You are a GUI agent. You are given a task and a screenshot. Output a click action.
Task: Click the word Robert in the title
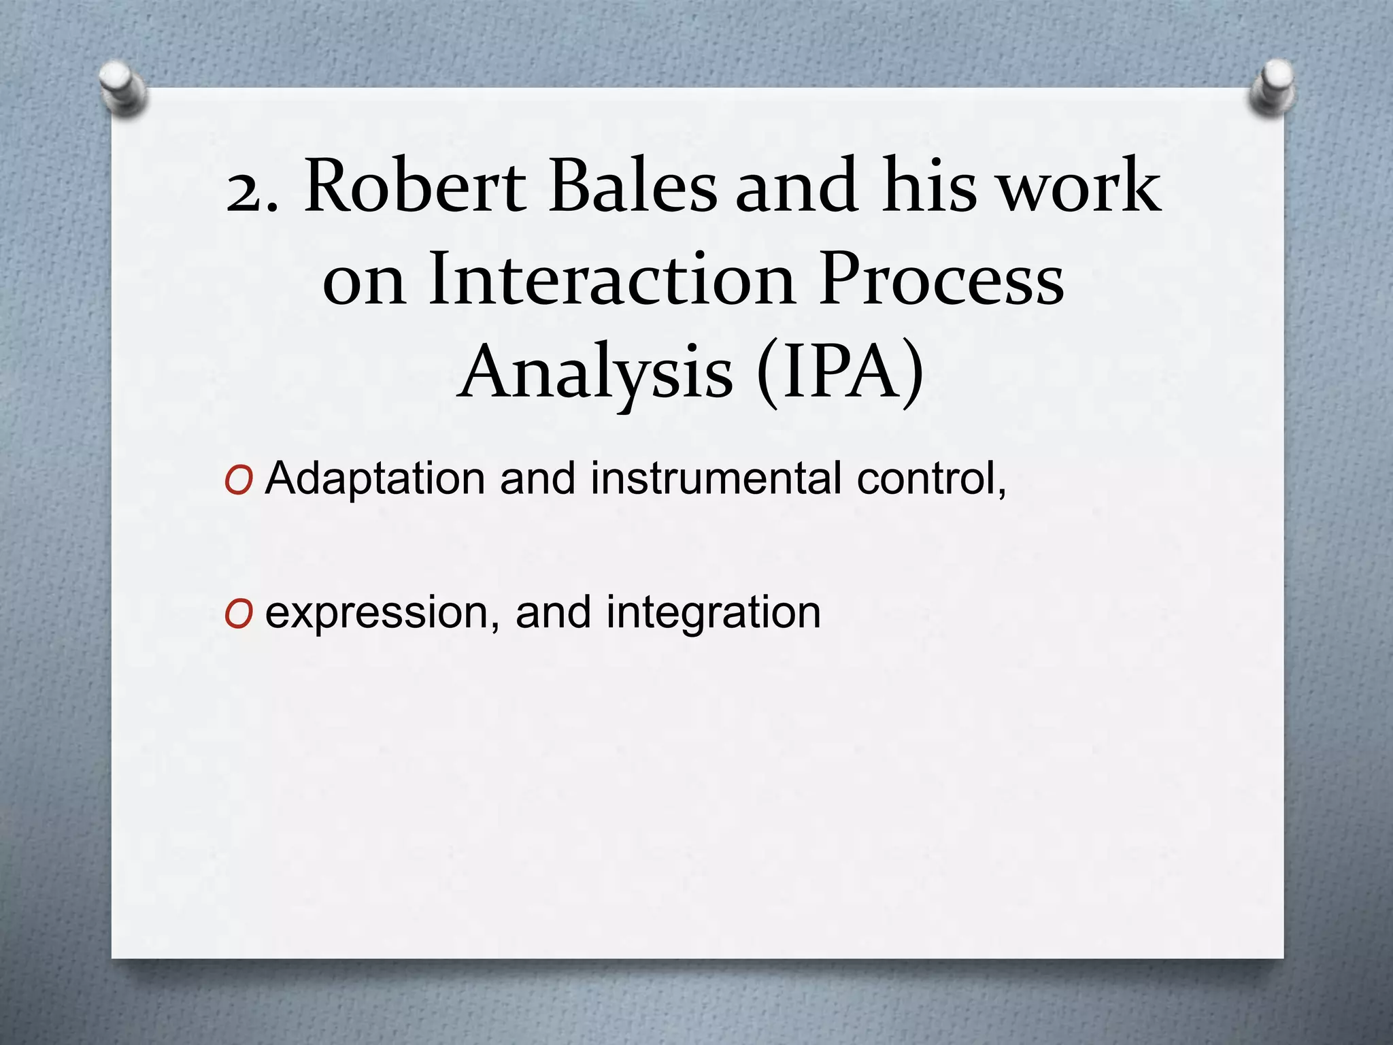[416, 186]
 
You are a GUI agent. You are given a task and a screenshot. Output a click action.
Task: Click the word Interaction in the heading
[611, 279]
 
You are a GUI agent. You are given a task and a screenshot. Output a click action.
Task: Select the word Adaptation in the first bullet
[375, 478]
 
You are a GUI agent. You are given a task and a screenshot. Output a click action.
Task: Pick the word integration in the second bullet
[714, 613]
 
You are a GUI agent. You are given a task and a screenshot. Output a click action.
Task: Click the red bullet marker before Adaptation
[239, 481]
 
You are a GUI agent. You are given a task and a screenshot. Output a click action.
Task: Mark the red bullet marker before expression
[239, 615]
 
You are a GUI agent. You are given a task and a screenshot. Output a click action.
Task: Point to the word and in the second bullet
[552, 613]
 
